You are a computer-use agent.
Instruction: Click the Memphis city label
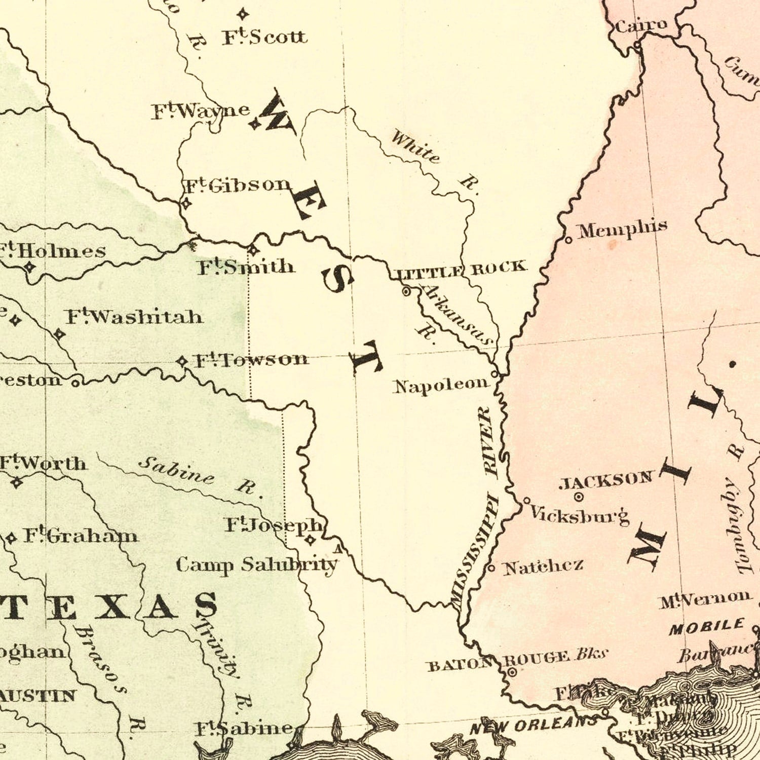(622, 230)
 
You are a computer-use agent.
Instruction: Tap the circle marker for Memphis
(568, 240)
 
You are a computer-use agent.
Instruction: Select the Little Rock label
(460, 270)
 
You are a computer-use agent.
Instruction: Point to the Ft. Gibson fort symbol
(186, 204)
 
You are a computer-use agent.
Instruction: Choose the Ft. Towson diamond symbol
(182, 361)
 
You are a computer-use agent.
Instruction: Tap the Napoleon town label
(440, 386)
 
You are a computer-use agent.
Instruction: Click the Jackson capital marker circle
(579, 497)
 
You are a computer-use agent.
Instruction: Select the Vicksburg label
(579, 516)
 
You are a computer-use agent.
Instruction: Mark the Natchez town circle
(491, 568)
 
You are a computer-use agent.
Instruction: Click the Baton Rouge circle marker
(512, 672)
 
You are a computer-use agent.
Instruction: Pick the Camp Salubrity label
(256, 564)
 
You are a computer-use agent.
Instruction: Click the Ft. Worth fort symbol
(17, 482)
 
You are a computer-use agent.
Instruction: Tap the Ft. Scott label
(264, 36)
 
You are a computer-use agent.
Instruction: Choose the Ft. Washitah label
(134, 317)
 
